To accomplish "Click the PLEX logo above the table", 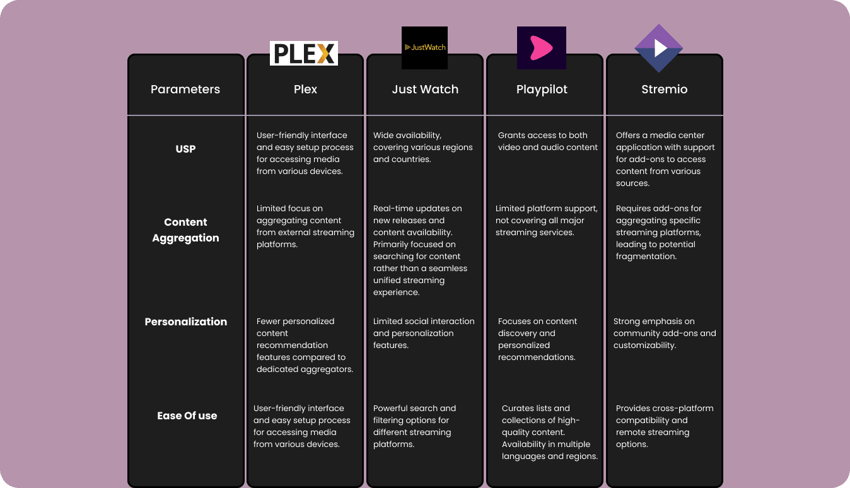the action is point(304,54).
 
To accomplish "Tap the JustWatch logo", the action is point(424,47).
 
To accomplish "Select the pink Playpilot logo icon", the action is point(541,48).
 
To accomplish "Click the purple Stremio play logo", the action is point(659,49).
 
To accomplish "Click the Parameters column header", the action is point(185,90).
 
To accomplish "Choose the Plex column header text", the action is point(305,90).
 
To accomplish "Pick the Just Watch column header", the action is point(425,90).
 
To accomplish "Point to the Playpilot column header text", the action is point(542,90).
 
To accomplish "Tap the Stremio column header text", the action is point(664,90).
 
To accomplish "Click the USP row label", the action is point(185,149).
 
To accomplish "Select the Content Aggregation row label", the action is point(185,229).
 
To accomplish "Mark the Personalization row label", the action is point(185,322).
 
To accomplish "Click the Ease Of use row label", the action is point(187,415).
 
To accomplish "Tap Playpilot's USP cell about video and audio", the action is point(547,141).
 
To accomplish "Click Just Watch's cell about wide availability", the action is point(422,147).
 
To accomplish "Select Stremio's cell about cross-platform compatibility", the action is point(665,426).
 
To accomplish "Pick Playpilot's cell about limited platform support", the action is point(546,220).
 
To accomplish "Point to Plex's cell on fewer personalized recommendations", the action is point(305,345).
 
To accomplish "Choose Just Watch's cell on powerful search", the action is point(414,426).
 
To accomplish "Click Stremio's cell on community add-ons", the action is point(665,333).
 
